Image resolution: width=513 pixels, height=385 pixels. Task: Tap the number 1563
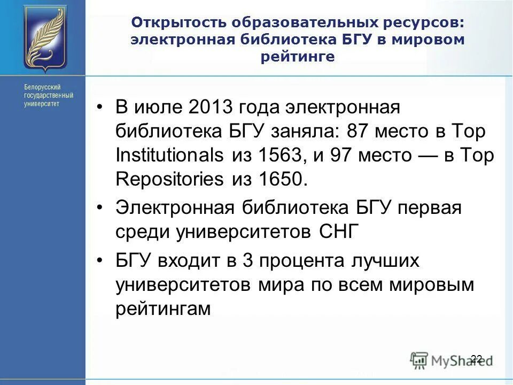coord(278,155)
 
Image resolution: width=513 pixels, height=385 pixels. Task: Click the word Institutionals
coord(169,155)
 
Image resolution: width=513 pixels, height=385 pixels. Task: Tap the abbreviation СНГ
coord(338,233)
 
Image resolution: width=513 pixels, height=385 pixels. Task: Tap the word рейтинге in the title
coord(298,57)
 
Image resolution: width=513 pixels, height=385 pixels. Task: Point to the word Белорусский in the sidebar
coord(42,87)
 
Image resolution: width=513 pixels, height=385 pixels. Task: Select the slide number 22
coord(477,358)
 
